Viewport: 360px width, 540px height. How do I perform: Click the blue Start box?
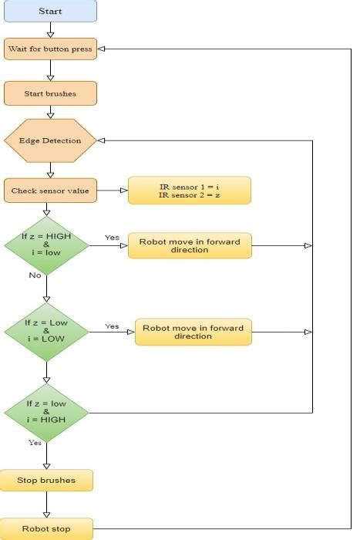pyautogui.click(x=50, y=12)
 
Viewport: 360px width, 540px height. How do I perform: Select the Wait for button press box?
pyautogui.click(x=50, y=49)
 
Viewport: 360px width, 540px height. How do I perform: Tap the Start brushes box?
pyautogui.click(x=50, y=94)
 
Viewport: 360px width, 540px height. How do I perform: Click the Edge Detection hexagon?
pyautogui.click(x=50, y=140)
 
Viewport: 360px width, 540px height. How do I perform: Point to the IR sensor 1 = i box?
pyautogui.click(x=189, y=190)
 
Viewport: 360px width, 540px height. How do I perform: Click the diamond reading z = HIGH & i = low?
pyautogui.click(x=46, y=246)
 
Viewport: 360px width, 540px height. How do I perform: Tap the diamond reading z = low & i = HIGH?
pyautogui.click(x=46, y=412)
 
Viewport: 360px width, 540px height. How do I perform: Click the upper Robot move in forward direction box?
pyautogui.click(x=190, y=246)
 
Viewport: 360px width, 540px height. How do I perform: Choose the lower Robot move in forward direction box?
pyautogui.click(x=193, y=332)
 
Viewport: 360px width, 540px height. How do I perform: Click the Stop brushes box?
pyautogui.click(x=46, y=480)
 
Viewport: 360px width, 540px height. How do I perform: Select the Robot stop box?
pyautogui.click(x=46, y=529)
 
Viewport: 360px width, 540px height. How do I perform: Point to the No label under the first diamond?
pyautogui.click(x=35, y=275)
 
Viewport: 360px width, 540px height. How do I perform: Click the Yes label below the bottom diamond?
pyautogui.click(x=35, y=443)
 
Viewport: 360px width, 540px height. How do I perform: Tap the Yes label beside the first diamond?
pyautogui.click(x=112, y=238)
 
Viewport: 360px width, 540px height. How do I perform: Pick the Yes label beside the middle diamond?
pyautogui.click(x=112, y=326)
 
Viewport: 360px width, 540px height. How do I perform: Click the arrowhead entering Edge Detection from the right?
pyautogui.click(x=102, y=140)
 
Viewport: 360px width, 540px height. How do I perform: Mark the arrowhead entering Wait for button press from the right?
pyautogui.click(x=102, y=49)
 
